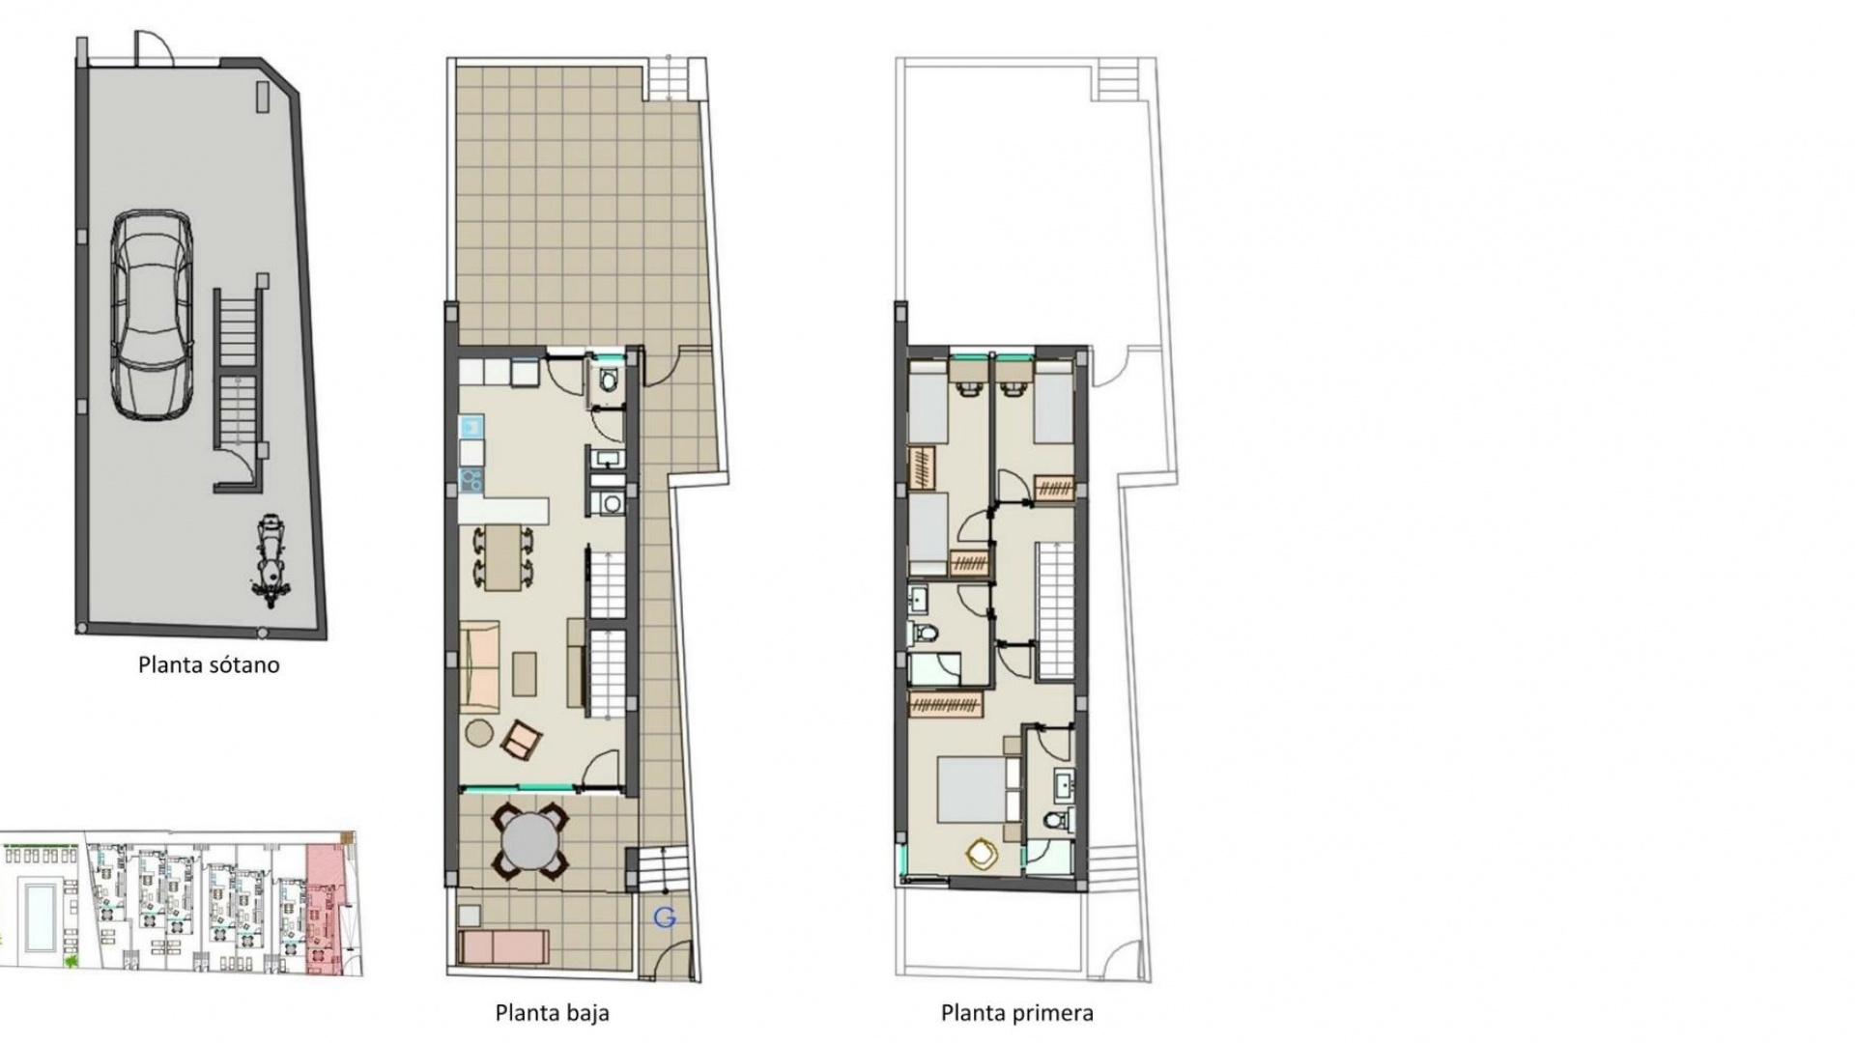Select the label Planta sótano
pos(209,665)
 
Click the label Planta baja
pos(552,1013)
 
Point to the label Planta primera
pos(1016,1013)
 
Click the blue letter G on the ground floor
pos(664,918)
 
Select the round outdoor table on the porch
pos(528,841)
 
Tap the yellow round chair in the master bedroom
pos(982,853)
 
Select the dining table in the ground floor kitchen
pos(501,557)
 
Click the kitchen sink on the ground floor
pos(471,426)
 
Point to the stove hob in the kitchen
pos(471,478)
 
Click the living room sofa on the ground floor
pos(480,666)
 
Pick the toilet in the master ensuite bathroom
pos(1058,821)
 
